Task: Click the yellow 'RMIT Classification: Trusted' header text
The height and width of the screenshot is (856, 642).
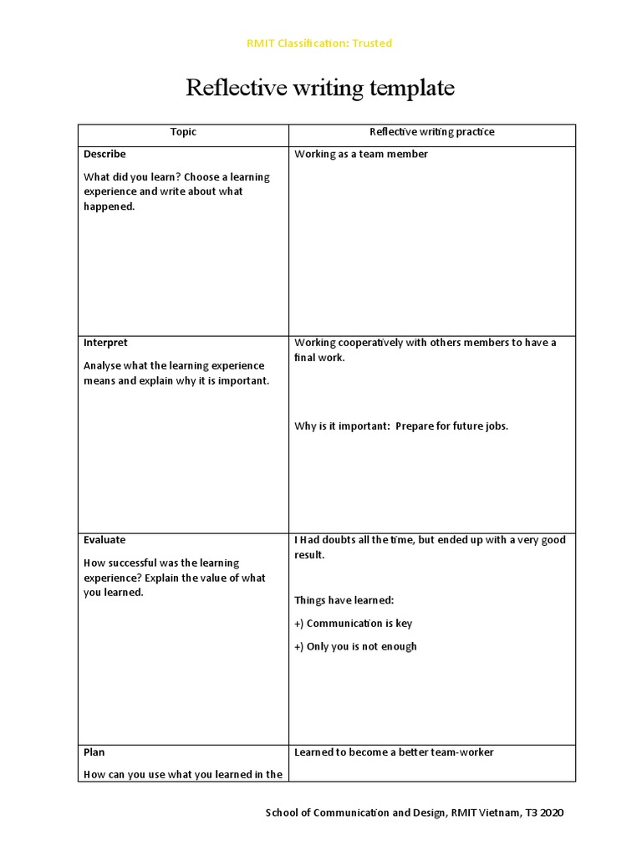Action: pyautogui.click(x=319, y=43)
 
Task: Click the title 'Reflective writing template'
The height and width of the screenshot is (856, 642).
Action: pyautogui.click(x=320, y=88)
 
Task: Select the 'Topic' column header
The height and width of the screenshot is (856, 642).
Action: pyautogui.click(x=183, y=132)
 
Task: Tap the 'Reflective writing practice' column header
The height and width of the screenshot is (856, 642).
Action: pyautogui.click(x=432, y=132)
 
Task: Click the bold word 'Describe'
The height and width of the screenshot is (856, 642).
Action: pyautogui.click(x=104, y=155)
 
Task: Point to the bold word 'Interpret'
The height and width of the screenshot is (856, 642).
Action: pyautogui.click(x=105, y=344)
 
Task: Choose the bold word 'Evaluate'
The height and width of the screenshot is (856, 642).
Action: pyautogui.click(x=104, y=540)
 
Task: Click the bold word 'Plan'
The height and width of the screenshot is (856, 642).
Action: pyautogui.click(x=94, y=752)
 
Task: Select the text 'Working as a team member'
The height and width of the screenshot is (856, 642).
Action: pyautogui.click(x=361, y=155)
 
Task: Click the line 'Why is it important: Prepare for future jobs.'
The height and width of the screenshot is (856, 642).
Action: pyautogui.click(x=401, y=426)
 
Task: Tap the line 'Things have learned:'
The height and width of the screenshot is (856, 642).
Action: pyautogui.click(x=344, y=600)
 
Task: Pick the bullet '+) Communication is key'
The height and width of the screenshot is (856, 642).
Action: pyautogui.click(x=353, y=624)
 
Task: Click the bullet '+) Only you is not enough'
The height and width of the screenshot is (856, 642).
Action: pyautogui.click(x=355, y=647)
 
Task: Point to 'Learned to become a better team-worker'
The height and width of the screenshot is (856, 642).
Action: pyautogui.click(x=394, y=752)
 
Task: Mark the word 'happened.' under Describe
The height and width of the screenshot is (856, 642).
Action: pyautogui.click(x=109, y=207)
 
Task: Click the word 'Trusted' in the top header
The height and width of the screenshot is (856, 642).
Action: pyautogui.click(x=372, y=43)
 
